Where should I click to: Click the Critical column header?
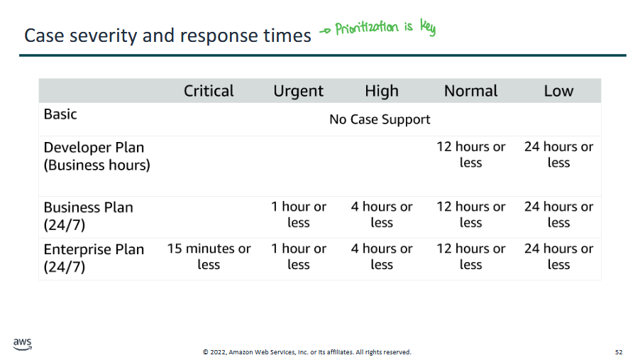[209, 91]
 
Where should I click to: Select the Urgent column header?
[299, 92]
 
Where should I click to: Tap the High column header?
[382, 92]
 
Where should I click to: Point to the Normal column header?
[470, 91]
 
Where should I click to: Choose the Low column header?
[558, 91]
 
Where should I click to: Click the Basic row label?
[60, 114]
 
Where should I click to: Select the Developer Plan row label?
[96, 156]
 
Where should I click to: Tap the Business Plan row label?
[88, 216]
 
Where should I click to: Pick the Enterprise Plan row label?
[94, 258]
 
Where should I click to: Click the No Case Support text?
[380, 119]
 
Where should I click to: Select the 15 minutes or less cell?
[209, 256]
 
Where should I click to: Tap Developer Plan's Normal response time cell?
[470, 155]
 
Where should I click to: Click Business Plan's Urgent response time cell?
[299, 214]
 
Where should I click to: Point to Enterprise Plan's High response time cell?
[382, 256]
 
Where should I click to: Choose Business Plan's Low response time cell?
[558, 214]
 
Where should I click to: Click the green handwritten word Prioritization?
[367, 28]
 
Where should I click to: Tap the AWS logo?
[23, 344]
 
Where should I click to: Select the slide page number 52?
[619, 351]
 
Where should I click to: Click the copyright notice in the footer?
[307, 351]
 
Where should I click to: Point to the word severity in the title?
[104, 36]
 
